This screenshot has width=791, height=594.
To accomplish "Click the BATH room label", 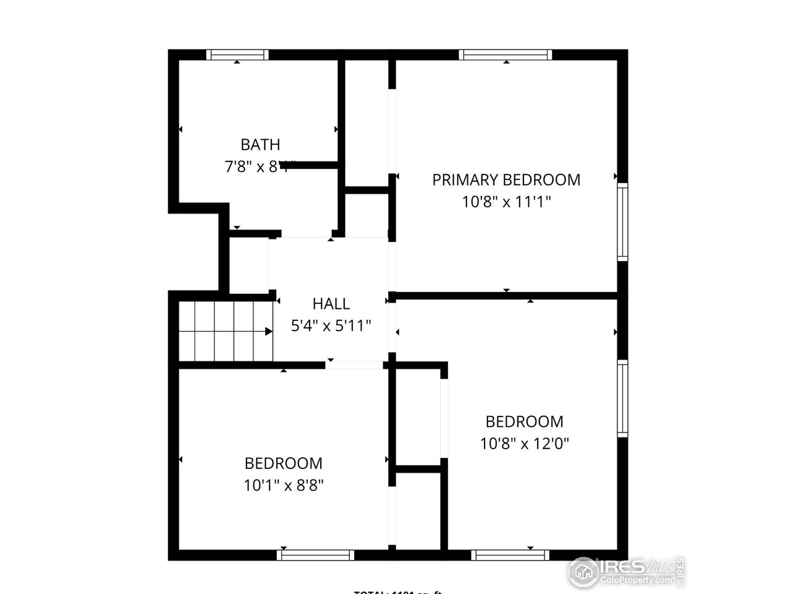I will [x=260, y=145].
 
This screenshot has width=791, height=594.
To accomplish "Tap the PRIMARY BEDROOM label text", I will [x=505, y=180].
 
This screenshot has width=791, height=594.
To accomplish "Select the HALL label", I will [x=331, y=304].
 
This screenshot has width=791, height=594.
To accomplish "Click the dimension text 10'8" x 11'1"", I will [x=505, y=202].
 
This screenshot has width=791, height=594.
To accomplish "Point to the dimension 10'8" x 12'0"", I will [x=524, y=444].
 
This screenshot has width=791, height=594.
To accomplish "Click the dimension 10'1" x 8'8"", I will [x=284, y=485].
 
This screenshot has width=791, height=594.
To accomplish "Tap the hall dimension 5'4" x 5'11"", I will [x=331, y=325].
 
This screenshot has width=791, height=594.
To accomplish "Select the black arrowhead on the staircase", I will [x=269, y=331].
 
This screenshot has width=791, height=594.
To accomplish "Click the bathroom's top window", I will [x=237, y=55].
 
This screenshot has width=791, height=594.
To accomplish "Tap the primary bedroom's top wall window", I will [x=505, y=55].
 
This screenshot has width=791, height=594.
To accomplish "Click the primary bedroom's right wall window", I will [x=622, y=222].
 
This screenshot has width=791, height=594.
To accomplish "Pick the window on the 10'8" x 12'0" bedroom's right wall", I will [x=622, y=398].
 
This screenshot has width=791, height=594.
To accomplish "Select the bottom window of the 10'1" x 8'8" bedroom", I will [x=315, y=555].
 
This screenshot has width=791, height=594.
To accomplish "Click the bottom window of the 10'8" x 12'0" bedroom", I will [x=510, y=555].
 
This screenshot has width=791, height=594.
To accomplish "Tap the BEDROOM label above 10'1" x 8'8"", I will [x=284, y=463].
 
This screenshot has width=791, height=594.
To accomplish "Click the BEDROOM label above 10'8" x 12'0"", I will [x=524, y=422].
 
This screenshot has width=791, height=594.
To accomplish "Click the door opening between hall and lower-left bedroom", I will [x=354, y=365].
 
